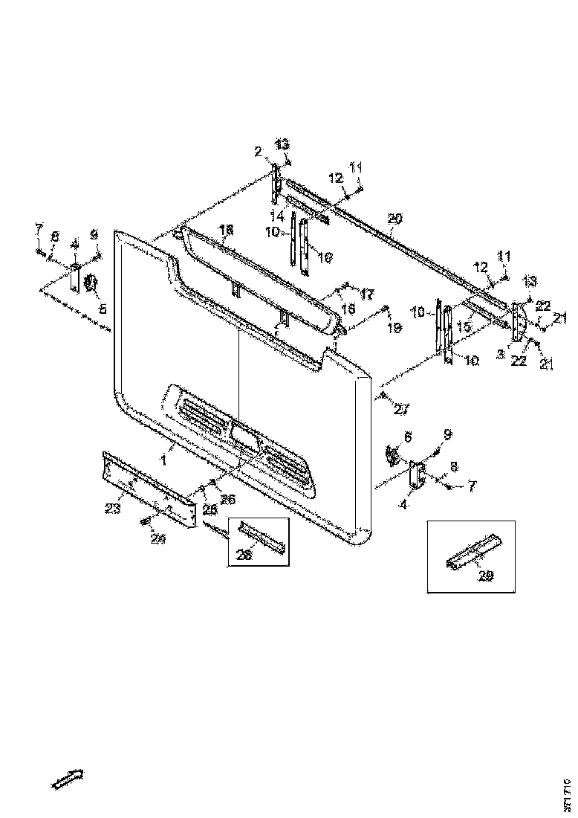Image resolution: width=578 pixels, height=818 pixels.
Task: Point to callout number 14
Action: tap(277, 216)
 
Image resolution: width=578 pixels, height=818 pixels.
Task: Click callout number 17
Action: tap(366, 294)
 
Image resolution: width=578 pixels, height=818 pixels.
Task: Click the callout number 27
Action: tap(401, 409)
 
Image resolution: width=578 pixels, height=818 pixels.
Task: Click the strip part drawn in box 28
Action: tap(262, 538)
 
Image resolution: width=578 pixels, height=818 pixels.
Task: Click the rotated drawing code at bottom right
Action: tap(568, 791)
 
